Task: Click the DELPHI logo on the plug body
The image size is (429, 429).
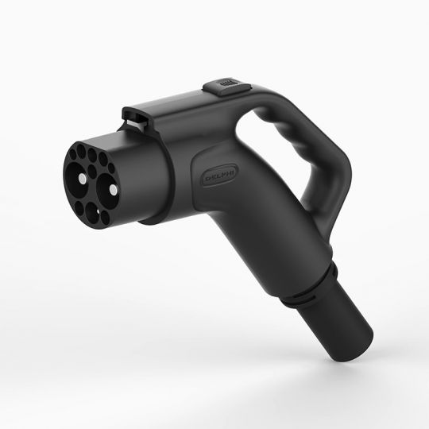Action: point(220,176)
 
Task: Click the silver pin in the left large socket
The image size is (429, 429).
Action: point(82,179)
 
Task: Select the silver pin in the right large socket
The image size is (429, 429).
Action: point(113,189)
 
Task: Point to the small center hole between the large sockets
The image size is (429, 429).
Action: point(92,171)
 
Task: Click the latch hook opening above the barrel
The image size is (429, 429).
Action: point(136,118)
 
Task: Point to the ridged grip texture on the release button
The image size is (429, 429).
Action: point(229,83)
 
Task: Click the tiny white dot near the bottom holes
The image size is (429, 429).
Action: point(99,211)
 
